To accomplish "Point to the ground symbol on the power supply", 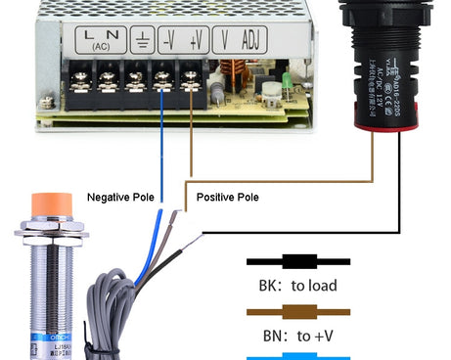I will coord(141,41).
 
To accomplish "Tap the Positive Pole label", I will coord(228,198).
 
